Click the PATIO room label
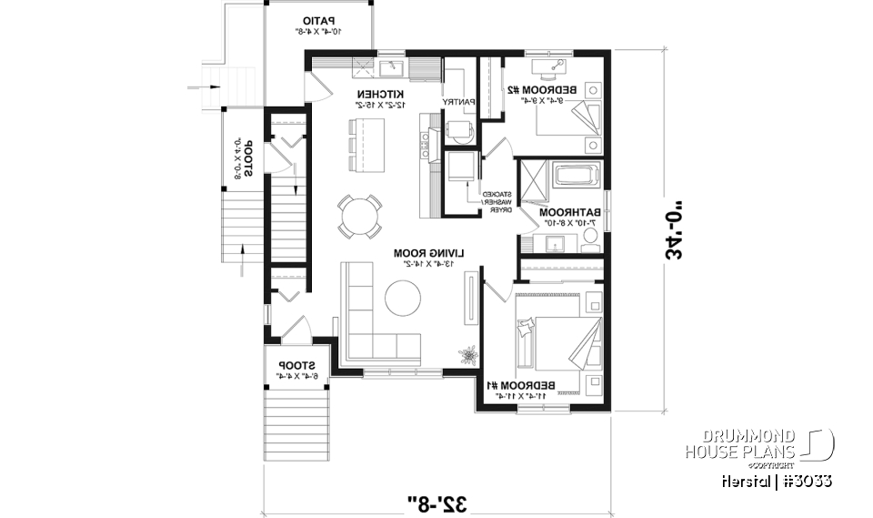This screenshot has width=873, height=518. [318, 19]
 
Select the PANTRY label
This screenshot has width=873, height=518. [457, 101]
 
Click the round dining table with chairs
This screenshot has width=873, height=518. [359, 216]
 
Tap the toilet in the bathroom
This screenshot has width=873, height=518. [589, 239]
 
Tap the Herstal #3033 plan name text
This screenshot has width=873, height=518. [775, 481]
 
